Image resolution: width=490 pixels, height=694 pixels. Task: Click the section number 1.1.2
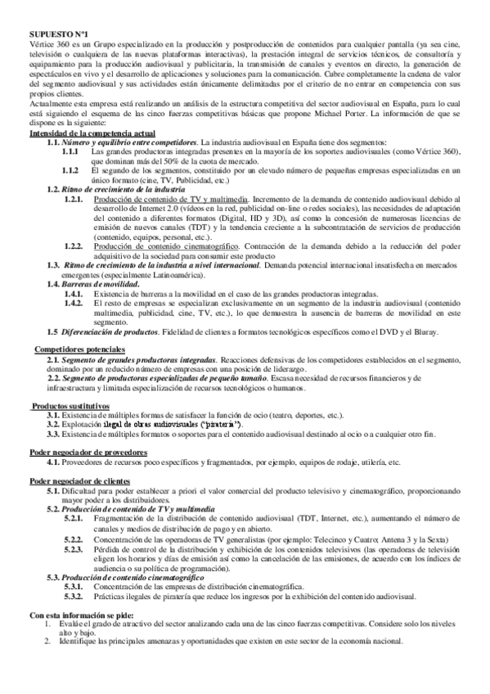click(x=70, y=169)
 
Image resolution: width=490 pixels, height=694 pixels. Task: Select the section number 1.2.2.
click(x=73, y=246)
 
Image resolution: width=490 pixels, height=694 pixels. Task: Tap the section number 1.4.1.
click(x=73, y=293)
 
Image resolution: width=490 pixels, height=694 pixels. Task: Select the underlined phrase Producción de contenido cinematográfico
click(x=162, y=246)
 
